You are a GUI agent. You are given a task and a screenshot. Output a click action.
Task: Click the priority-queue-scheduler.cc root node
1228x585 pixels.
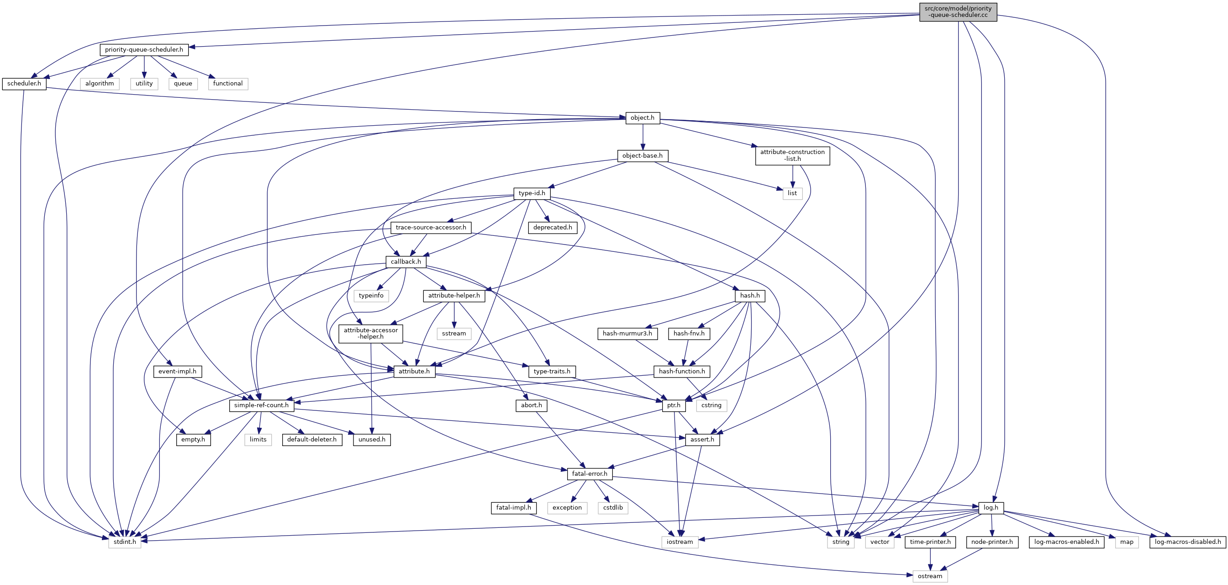point(958,12)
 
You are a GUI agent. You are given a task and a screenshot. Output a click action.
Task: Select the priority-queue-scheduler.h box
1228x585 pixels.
point(144,50)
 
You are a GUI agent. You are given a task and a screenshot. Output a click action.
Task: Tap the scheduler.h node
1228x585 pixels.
point(24,84)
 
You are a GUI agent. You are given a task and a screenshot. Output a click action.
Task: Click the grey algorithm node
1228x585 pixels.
point(100,84)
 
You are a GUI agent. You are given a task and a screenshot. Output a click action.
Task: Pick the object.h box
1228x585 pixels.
point(643,118)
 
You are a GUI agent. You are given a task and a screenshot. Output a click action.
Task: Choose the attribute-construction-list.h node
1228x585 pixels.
point(792,155)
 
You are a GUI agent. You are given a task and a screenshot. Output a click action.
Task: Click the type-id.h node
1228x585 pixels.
point(532,193)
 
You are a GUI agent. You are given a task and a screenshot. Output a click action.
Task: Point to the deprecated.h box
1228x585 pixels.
point(553,228)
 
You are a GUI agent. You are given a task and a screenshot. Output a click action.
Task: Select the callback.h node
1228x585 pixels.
point(406,261)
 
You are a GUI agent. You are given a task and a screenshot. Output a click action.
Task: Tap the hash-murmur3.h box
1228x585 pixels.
point(627,334)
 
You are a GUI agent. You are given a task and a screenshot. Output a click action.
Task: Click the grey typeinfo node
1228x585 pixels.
point(371,296)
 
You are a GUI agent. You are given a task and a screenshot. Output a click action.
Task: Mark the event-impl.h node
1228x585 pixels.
point(177,371)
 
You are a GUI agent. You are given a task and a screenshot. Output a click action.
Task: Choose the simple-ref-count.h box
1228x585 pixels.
point(261,405)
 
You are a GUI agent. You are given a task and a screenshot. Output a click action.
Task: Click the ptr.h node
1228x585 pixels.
point(674,405)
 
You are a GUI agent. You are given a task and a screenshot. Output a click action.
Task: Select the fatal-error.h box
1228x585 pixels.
point(590,474)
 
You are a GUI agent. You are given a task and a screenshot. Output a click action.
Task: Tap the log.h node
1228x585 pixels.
point(991,508)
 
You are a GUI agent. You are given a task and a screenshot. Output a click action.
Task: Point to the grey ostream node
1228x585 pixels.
point(930,576)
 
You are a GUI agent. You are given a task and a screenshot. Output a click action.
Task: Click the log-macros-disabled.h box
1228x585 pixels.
point(1188,542)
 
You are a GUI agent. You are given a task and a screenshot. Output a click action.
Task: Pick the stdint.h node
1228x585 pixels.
point(125,542)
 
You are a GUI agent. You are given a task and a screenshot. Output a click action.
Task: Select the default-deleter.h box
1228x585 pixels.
point(312,440)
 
